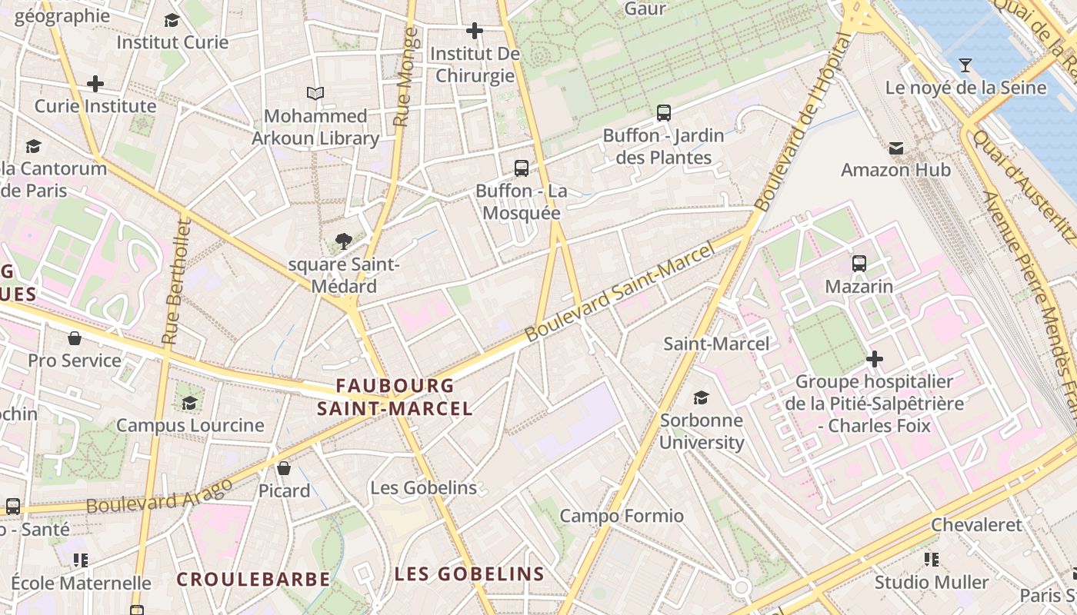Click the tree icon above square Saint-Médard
click(x=344, y=242)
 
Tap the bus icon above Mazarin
click(x=859, y=264)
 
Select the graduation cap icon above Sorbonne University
click(x=701, y=397)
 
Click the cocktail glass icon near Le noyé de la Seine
click(x=965, y=65)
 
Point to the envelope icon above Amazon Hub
click(x=896, y=148)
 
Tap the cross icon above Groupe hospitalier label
click(x=874, y=359)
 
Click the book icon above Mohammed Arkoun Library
click(x=315, y=93)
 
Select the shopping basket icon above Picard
click(x=284, y=468)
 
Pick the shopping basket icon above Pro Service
click(x=75, y=338)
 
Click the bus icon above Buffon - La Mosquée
click(x=522, y=168)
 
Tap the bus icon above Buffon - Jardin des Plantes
click(x=664, y=113)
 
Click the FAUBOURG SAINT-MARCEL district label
click(x=395, y=397)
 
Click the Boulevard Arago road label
click(x=159, y=496)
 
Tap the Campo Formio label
click(x=621, y=516)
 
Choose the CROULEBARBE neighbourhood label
click(x=253, y=580)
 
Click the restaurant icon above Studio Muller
click(x=932, y=560)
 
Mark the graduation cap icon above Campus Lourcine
click(x=189, y=403)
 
